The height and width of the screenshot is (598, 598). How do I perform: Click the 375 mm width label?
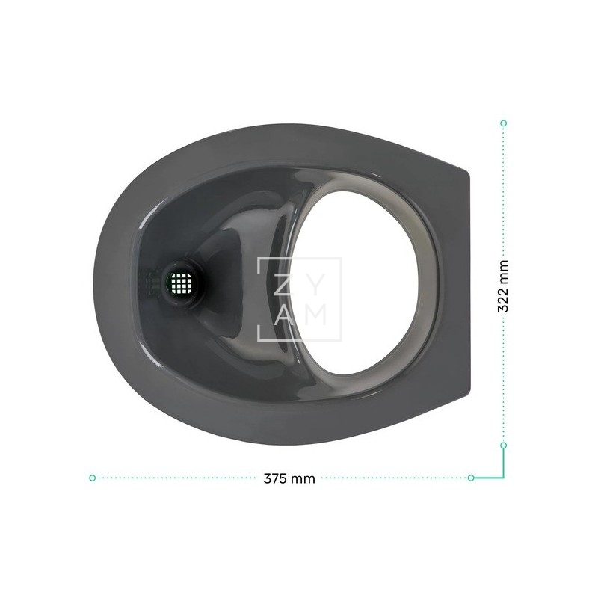(289, 478)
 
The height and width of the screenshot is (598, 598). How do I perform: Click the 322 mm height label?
(503, 286)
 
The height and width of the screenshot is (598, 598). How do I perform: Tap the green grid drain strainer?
(182, 283)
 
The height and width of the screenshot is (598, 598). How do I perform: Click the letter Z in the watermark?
(283, 285)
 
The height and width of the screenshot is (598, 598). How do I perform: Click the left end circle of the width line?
(92, 478)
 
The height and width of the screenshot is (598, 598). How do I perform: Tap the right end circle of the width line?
(471, 478)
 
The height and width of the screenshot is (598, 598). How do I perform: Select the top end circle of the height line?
(503, 123)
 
